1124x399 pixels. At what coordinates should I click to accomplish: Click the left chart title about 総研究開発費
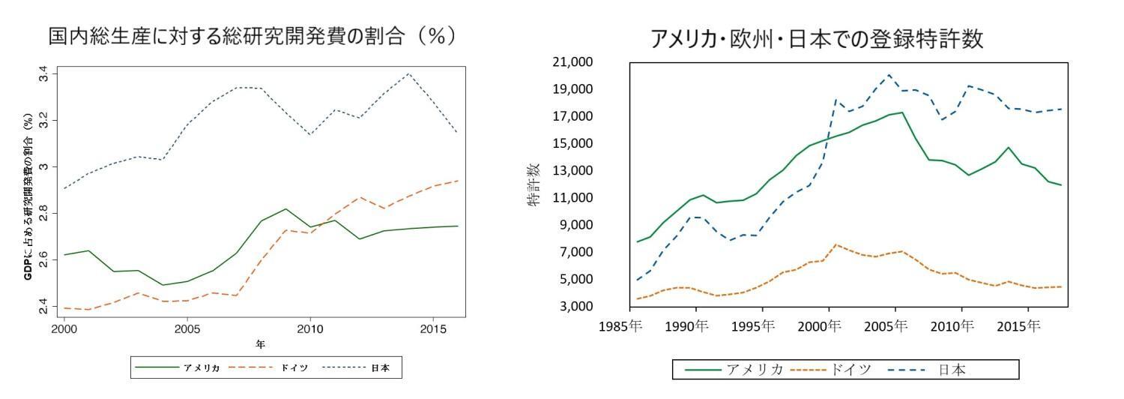click(252, 36)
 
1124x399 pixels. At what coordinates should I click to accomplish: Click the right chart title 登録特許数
click(816, 39)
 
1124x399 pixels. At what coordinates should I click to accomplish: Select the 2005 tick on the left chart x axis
click(187, 328)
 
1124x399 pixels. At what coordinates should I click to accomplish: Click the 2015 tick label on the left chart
click(432, 328)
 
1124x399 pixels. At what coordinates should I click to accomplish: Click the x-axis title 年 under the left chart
click(260, 344)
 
